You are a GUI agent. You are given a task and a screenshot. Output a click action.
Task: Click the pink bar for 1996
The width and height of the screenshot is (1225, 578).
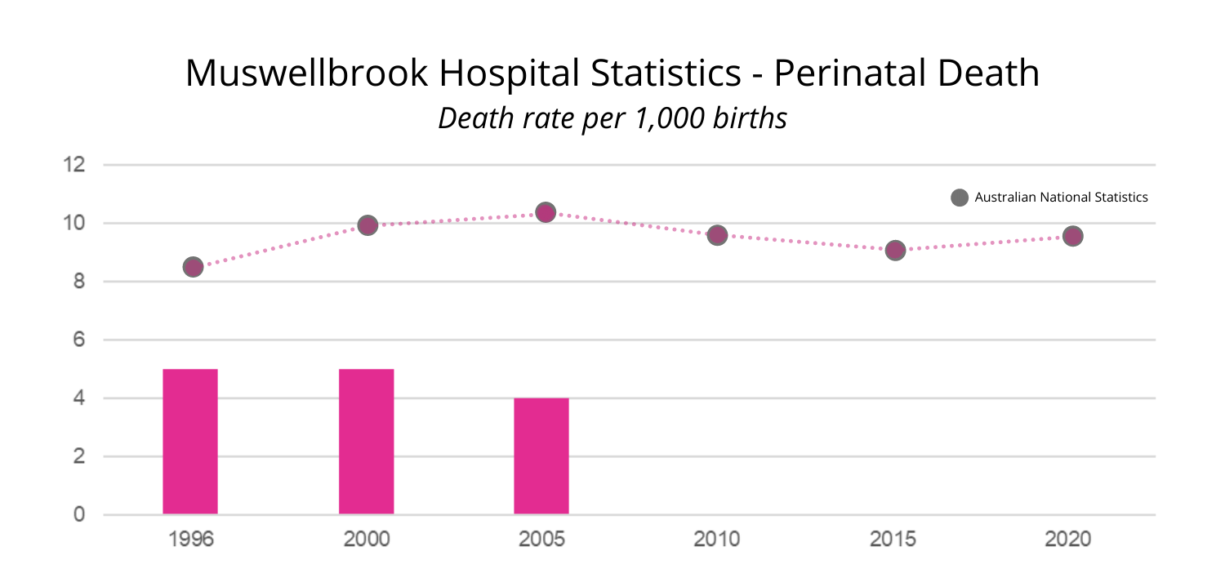190,442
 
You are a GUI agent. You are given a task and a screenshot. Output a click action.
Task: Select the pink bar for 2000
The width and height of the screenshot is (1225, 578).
367,442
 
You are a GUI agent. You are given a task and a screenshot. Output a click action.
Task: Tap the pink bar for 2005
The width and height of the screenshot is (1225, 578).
541,456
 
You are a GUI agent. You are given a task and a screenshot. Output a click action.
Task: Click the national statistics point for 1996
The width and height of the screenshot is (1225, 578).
193,267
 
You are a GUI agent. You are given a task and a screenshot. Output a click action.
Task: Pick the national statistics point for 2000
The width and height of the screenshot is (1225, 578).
367,225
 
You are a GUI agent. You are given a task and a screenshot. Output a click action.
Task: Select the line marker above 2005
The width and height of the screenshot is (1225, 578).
546,212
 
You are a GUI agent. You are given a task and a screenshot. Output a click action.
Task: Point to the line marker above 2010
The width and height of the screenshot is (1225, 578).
717,235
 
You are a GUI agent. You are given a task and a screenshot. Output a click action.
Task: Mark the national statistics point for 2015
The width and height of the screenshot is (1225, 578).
895,250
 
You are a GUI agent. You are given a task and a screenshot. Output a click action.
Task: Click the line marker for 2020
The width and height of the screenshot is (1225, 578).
1072,236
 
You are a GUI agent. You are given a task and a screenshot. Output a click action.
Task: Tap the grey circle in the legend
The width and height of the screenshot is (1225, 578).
960,198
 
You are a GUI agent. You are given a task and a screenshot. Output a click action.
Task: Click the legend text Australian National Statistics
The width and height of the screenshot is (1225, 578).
1061,198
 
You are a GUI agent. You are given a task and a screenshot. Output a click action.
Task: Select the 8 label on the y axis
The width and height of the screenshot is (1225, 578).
79,282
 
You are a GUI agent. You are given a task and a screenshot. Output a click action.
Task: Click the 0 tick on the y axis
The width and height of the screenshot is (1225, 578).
79,514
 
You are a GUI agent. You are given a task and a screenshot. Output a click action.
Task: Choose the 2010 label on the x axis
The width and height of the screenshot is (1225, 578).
717,540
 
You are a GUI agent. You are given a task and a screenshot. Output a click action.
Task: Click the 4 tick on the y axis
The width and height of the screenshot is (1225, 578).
79,398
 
